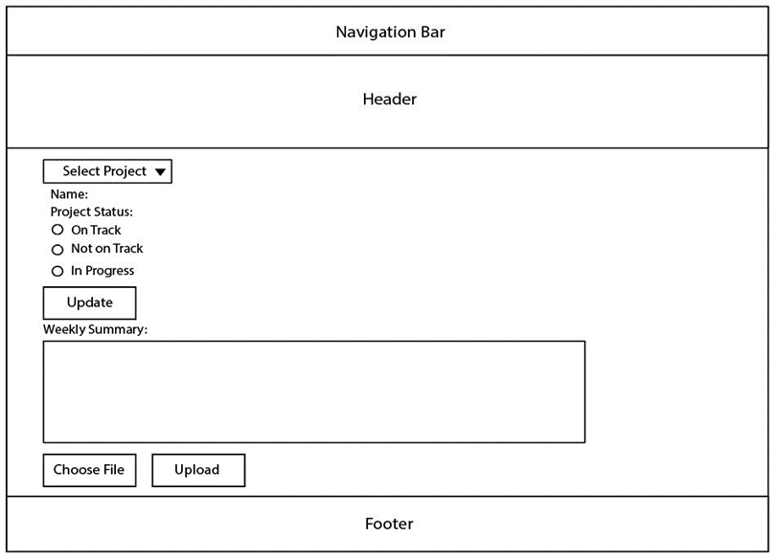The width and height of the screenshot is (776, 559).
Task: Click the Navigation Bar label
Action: [x=390, y=33]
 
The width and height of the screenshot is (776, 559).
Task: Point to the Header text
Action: [x=390, y=99]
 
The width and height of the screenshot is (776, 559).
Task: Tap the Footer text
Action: [x=389, y=524]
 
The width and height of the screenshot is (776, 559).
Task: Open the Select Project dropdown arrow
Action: [x=160, y=172]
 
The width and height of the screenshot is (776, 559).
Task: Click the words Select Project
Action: [x=104, y=171]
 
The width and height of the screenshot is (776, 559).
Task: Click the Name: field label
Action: [x=69, y=193]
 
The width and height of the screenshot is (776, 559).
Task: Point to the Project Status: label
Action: [x=92, y=212]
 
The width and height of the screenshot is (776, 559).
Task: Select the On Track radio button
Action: [x=57, y=230]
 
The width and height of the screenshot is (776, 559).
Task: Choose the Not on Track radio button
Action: [x=57, y=250]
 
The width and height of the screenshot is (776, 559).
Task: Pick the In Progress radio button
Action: [x=57, y=271]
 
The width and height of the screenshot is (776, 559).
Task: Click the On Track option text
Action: [x=96, y=230]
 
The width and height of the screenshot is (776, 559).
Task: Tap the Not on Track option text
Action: [x=107, y=249]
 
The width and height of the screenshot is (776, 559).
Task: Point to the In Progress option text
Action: [x=103, y=271]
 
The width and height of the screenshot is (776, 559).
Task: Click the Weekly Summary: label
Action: [x=95, y=329]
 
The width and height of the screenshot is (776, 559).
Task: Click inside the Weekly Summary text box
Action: [x=314, y=391]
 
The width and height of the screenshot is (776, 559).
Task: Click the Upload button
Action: [x=198, y=470]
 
